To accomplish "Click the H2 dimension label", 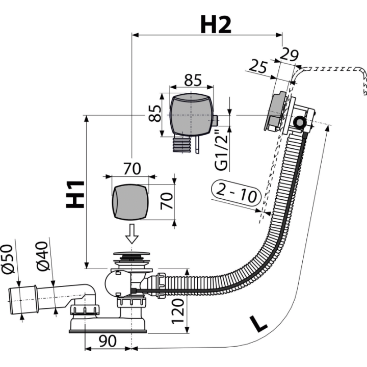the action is tap(216, 25).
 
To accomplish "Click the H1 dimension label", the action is tap(75, 194).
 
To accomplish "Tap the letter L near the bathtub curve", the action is tap(258, 324).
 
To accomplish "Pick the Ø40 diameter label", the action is tap(43, 256).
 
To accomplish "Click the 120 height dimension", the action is tap(178, 311).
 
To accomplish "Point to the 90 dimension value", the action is tap(108, 341).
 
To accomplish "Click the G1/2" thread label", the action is tap(221, 150).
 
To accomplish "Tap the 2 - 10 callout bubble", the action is tap(236, 193).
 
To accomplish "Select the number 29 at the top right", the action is tap(289, 55).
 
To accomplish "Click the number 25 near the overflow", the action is tap(258, 66).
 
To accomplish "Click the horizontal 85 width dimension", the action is tap(193, 80).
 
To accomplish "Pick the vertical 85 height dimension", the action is tap(155, 113).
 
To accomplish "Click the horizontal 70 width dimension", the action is tap(132, 169).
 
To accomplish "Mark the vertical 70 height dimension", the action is tap(167, 201).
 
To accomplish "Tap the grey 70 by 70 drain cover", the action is tap(130, 202).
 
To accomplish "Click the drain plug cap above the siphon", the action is tap(132, 253).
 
